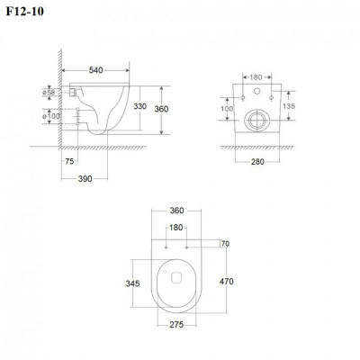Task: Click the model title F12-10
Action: [25, 11]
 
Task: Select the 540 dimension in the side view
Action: [95, 70]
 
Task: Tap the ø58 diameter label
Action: [49, 93]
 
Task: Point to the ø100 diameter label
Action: [51, 116]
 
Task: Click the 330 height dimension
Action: [139, 106]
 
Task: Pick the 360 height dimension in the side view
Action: [161, 109]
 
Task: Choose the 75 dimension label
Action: [69, 161]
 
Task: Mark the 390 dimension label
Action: [85, 179]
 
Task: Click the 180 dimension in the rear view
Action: [256, 77]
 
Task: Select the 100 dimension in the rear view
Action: [227, 109]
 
